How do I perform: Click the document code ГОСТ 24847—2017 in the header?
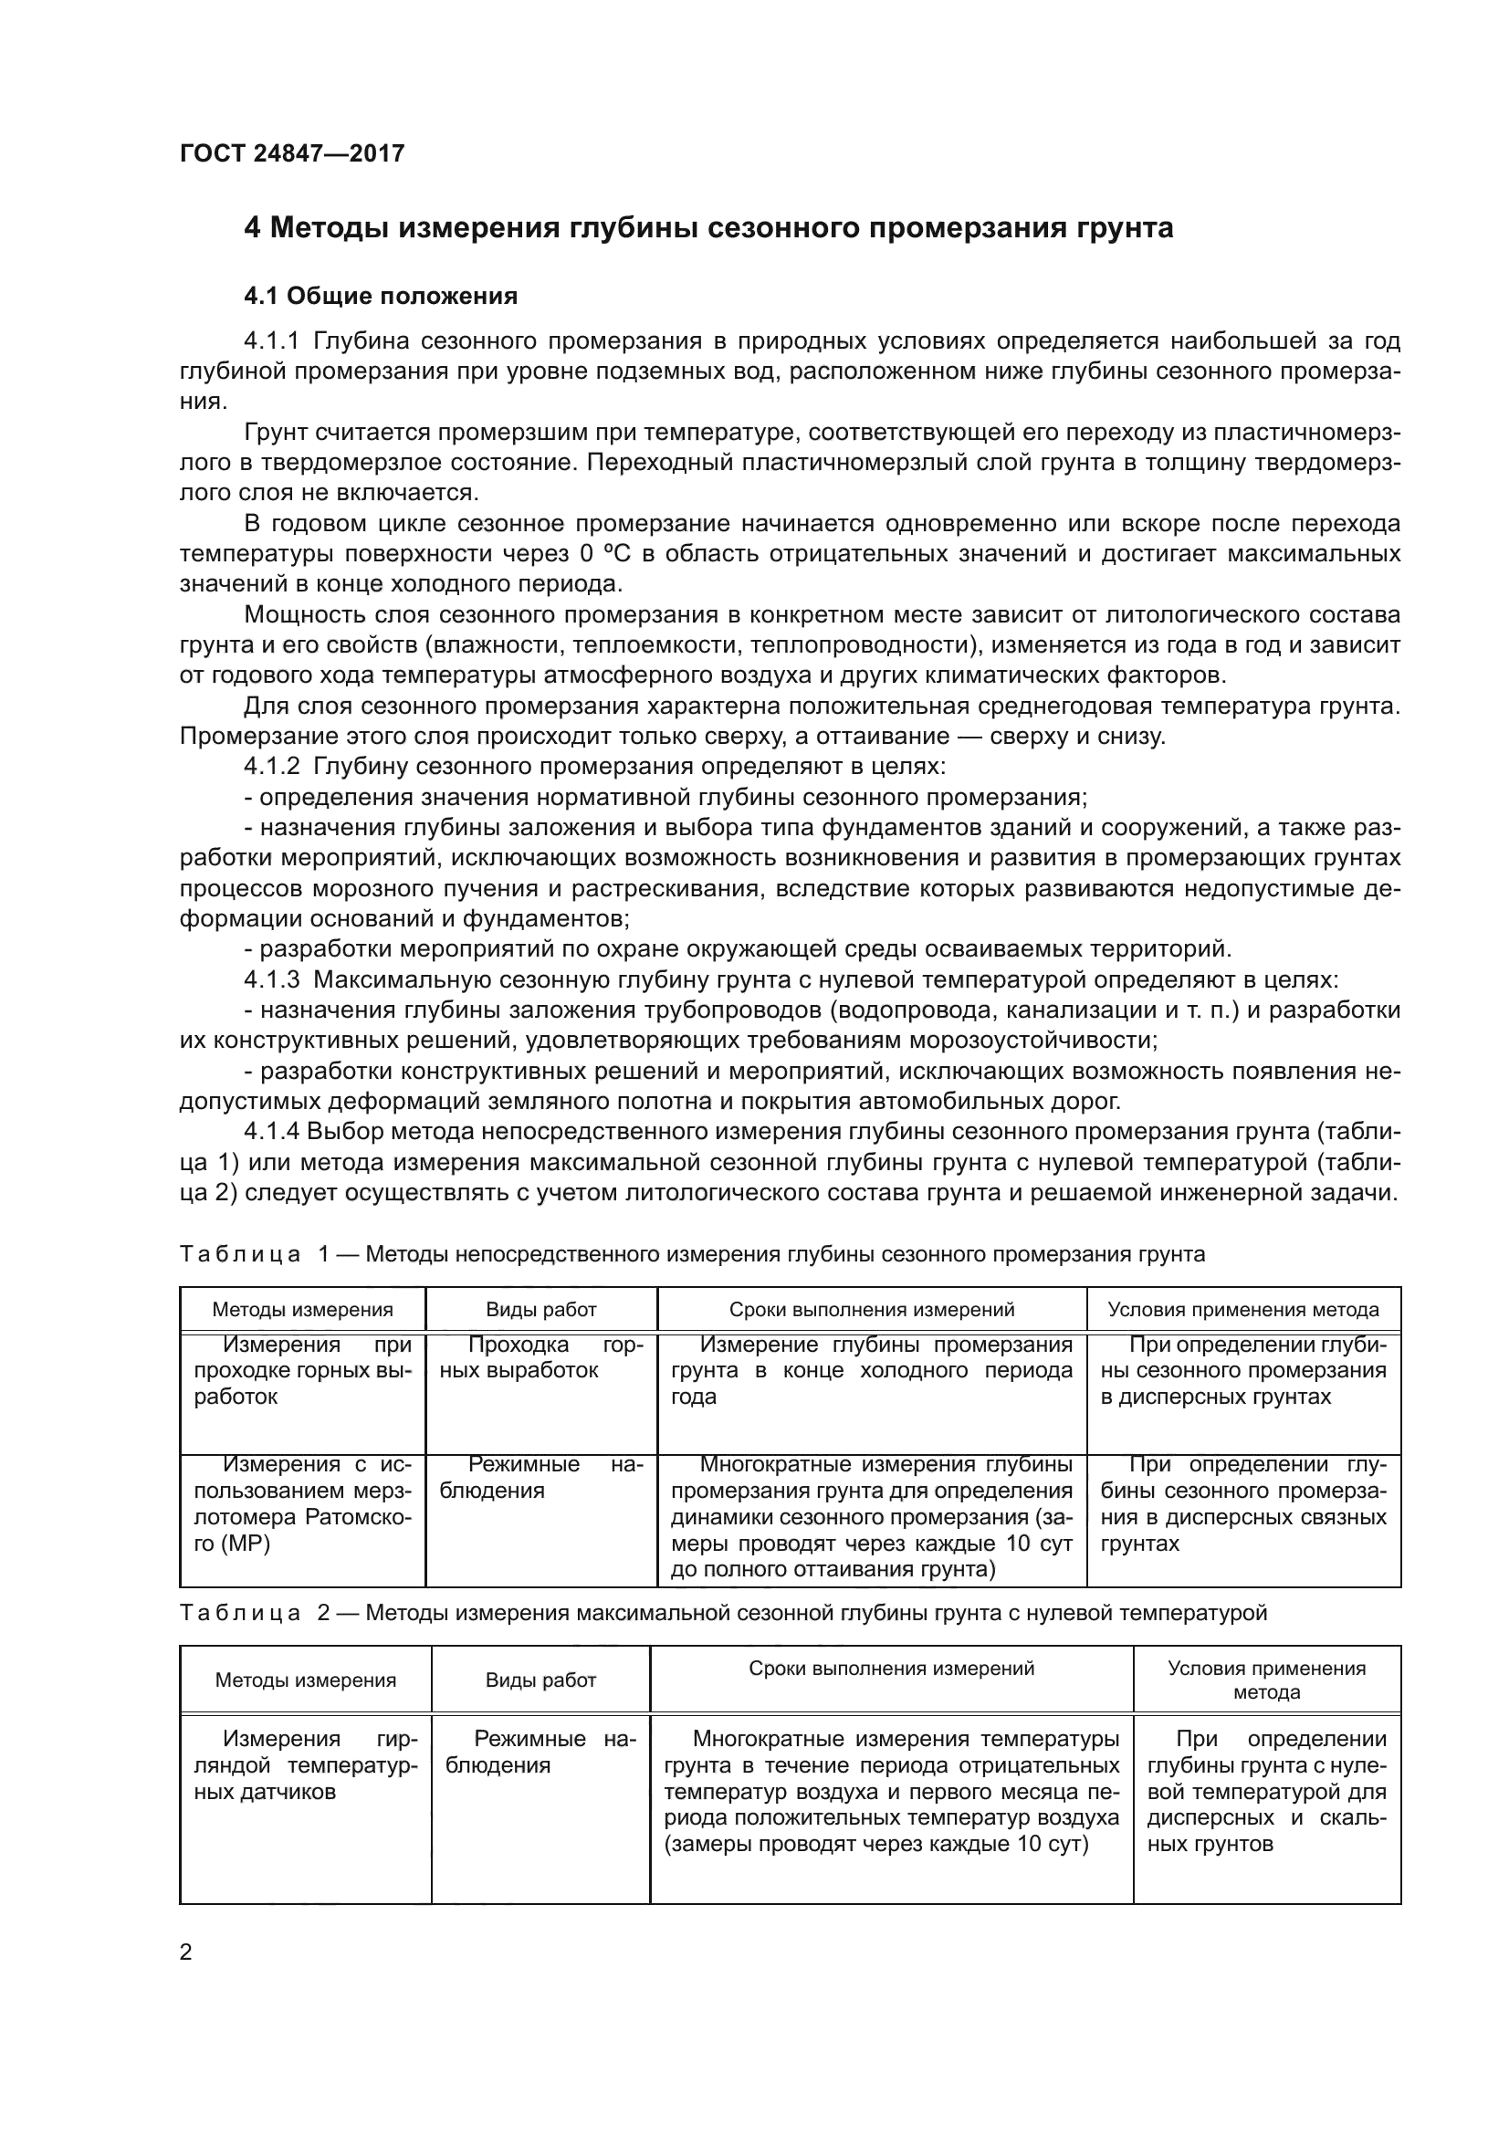(x=292, y=153)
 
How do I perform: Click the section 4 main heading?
(x=707, y=228)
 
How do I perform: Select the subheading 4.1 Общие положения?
(x=381, y=297)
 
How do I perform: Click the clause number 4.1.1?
(x=271, y=341)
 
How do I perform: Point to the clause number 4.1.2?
(x=271, y=766)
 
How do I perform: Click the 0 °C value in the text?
(x=598, y=554)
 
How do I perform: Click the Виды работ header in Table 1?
(x=541, y=1309)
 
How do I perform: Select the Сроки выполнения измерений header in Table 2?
(x=891, y=1669)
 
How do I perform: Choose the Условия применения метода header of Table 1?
(x=1243, y=1309)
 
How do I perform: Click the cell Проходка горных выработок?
(x=541, y=1357)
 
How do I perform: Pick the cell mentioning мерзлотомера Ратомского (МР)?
(x=302, y=1503)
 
